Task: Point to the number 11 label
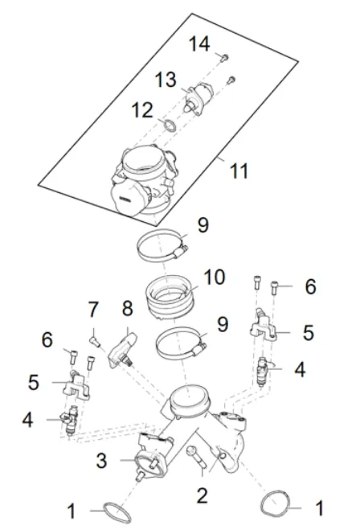[239, 171]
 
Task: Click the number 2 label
[202, 495]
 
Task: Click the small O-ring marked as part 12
[169, 125]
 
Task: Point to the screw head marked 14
[224, 56]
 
